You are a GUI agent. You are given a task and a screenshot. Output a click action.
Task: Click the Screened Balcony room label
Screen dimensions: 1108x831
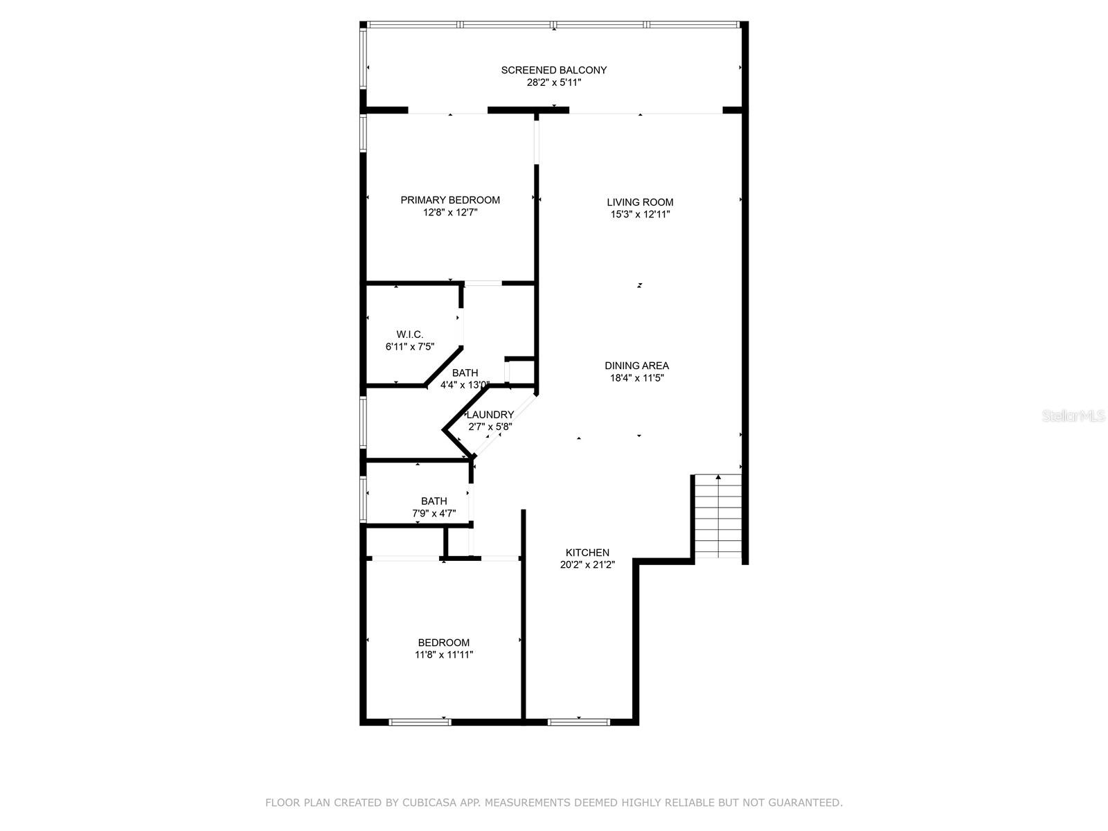553,70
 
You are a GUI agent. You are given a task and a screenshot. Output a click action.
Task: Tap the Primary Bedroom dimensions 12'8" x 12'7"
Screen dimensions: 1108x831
449,213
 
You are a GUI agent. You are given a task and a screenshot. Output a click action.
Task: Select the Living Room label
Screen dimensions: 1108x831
640,202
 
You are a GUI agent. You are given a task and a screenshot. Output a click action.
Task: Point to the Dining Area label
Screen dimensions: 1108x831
636,366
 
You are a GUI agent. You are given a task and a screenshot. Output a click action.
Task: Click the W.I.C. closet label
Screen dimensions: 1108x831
409,334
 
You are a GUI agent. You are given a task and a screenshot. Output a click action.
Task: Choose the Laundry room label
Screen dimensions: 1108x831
490,415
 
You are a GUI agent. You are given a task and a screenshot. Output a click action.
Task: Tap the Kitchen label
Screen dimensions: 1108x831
587,553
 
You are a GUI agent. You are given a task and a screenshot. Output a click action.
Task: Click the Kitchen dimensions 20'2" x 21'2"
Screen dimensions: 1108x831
587,564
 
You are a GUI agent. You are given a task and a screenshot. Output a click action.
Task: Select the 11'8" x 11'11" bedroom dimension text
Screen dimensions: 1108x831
444,655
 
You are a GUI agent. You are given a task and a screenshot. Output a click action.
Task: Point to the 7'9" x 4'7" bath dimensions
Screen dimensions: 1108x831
434,514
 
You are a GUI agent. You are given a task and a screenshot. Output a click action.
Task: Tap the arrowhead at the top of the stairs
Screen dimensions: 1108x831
718,477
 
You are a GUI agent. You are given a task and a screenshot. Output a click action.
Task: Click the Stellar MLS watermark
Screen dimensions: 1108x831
1073,415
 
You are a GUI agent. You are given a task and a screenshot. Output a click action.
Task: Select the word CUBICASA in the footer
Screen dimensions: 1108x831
424,803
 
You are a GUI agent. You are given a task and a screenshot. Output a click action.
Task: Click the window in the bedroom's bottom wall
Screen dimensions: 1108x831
420,722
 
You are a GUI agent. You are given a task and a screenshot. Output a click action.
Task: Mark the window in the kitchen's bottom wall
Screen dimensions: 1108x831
578,722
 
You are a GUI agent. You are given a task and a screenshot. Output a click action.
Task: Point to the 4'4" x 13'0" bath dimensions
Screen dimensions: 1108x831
465,385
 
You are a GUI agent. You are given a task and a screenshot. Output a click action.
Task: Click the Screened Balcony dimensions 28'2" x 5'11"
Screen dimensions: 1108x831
554,82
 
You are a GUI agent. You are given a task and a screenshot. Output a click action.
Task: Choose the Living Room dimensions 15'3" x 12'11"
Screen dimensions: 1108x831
640,215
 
